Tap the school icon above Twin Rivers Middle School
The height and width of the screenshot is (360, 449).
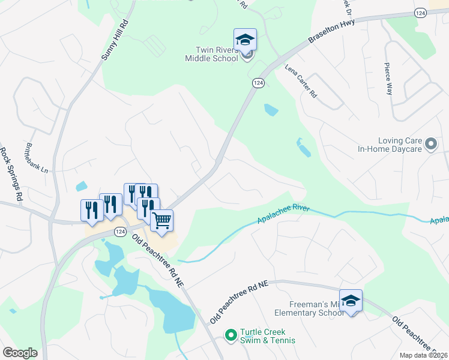coord(245,40)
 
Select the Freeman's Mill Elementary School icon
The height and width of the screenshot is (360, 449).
coord(351,301)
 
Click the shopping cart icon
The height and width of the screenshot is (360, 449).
coord(161,220)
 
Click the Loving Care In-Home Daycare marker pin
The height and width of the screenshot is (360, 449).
coord(430,144)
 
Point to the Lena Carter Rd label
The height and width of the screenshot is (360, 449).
coord(301,81)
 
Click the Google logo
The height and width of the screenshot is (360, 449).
coord(20,353)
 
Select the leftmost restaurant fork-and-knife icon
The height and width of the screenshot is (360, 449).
coord(89,210)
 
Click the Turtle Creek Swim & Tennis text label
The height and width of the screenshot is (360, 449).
coord(268,336)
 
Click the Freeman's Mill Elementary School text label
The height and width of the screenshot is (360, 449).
coord(309,308)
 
